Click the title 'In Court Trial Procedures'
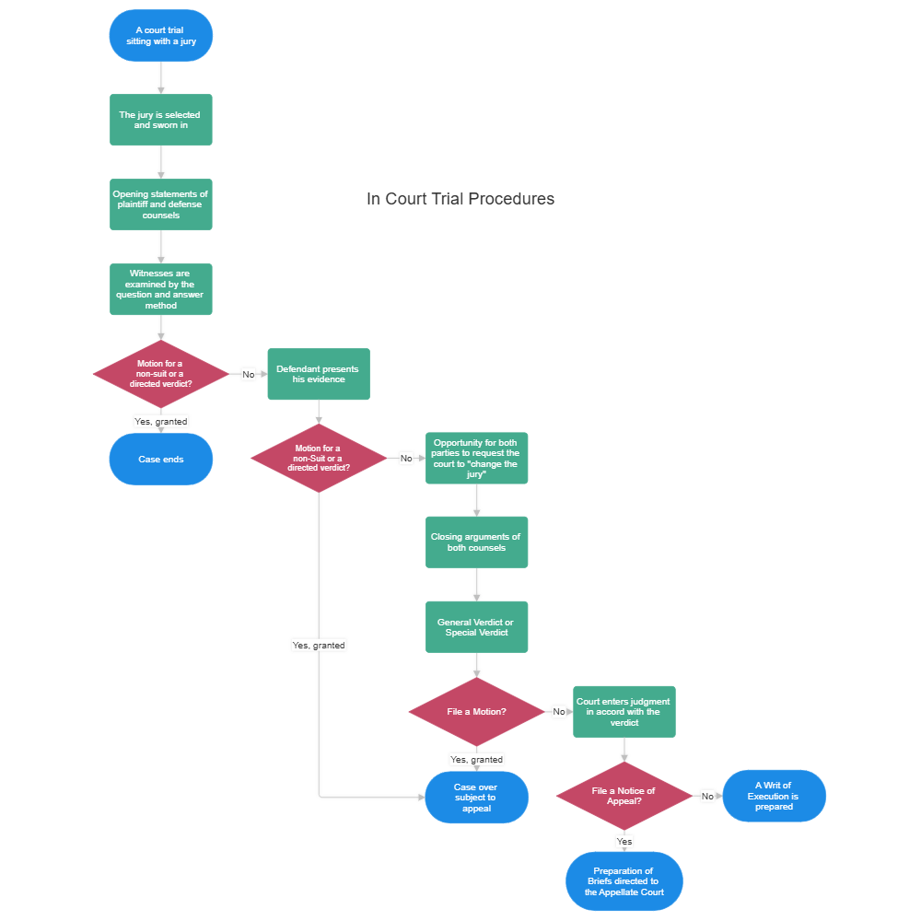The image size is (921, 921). [460, 199]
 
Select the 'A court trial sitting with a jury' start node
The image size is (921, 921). [161, 36]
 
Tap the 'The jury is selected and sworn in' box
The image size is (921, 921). [161, 119]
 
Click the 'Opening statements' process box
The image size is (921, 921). [161, 204]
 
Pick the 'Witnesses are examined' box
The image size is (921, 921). [161, 289]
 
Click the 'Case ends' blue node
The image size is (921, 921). [161, 459]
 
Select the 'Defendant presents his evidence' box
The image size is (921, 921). [319, 374]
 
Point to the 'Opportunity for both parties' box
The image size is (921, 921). [476, 458]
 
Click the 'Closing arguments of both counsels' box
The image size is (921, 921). [476, 542]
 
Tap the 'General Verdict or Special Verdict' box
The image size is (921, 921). [476, 627]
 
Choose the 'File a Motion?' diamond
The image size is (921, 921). [476, 712]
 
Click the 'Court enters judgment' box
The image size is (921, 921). [624, 711]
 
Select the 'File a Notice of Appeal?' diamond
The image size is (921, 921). [624, 796]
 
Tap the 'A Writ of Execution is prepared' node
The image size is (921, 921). [774, 796]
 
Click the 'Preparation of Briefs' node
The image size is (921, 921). [624, 880]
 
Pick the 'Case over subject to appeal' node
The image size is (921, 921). [476, 798]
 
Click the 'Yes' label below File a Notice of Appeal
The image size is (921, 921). [624, 842]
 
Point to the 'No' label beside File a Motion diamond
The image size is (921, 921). [558, 712]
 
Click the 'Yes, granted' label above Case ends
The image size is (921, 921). [161, 421]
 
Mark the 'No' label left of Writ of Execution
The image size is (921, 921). [707, 796]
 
